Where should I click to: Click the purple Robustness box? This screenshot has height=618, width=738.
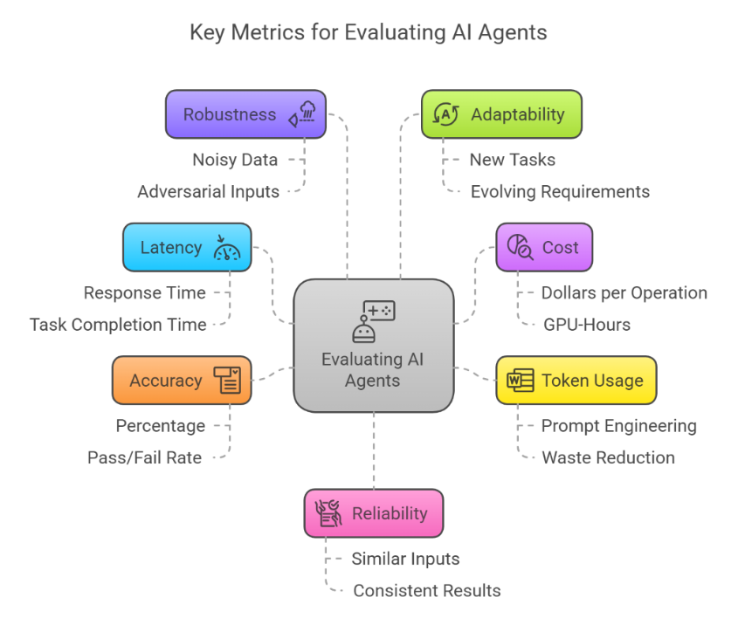(x=245, y=114)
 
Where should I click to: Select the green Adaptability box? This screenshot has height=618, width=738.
(x=501, y=114)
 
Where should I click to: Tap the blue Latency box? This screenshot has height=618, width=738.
(x=187, y=247)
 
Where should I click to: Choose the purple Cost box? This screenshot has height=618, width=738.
(x=543, y=247)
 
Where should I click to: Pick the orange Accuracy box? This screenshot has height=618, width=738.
(x=182, y=381)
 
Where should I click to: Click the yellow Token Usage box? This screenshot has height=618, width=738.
(x=576, y=381)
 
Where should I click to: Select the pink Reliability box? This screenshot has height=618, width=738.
(x=373, y=513)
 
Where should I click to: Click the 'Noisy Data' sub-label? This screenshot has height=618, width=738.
(x=235, y=160)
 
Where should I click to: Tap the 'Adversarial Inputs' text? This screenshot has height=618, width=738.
(x=208, y=191)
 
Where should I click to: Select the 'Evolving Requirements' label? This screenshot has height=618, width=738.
(x=560, y=191)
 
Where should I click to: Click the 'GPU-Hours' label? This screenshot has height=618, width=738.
(x=586, y=325)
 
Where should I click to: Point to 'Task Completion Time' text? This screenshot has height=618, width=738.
(x=118, y=325)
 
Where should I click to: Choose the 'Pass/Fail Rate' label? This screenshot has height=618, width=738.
(x=144, y=457)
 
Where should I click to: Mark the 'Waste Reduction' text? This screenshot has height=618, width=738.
(x=608, y=457)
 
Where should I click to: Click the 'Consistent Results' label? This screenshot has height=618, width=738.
(x=426, y=591)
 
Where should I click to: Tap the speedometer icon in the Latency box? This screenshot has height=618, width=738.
(x=227, y=248)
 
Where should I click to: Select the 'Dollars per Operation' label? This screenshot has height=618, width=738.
(x=624, y=293)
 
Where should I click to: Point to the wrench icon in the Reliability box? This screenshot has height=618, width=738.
(x=328, y=513)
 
